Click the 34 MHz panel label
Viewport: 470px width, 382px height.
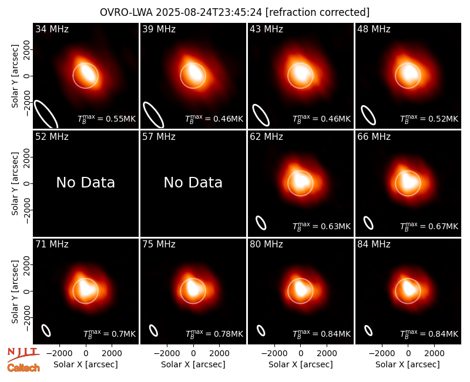(52, 29)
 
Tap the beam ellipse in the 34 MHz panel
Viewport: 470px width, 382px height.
(46, 114)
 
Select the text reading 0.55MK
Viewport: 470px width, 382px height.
(121, 119)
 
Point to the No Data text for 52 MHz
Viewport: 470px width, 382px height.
(85, 182)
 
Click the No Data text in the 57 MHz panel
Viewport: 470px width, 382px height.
(193, 182)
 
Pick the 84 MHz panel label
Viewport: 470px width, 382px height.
(374, 244)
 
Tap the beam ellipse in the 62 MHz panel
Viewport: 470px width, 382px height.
(261, 223)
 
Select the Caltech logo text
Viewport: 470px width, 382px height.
(23, 368)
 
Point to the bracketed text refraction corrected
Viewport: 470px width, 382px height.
(317, 12)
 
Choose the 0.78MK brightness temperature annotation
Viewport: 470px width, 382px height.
(228, 334)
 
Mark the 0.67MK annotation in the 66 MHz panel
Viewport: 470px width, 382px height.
(444, 226)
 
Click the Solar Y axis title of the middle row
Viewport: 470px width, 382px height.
(15, 183)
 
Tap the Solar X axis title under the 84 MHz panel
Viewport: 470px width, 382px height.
(408, 364)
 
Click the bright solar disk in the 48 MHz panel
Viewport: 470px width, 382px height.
(408, 76)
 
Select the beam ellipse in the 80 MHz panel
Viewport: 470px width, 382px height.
(261, 331)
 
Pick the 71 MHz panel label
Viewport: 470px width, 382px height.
(52, 244)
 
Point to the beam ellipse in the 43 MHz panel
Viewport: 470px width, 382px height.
(261, 115)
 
